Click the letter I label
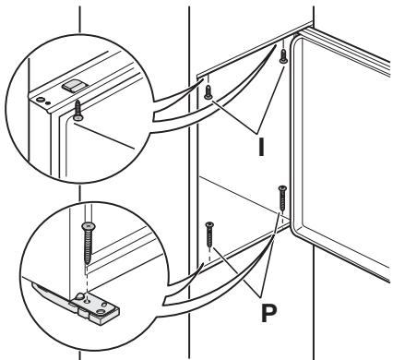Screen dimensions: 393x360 click(261, 147)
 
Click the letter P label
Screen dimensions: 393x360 click(268, 313)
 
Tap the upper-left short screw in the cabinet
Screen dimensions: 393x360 click(208, 92)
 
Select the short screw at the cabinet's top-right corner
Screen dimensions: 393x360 click(283, 56)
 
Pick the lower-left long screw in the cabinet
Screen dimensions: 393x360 click(209, 234)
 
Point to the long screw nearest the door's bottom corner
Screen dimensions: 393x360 click(282, 198)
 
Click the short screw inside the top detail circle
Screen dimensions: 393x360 click(78, 110)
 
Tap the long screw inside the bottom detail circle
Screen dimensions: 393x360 click(89, 243)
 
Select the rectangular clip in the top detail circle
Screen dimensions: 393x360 click(72, 85)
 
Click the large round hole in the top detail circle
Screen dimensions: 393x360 click(40, 100)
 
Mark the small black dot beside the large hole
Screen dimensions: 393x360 click(47, 103)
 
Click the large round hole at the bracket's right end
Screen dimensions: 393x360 click(101, 312)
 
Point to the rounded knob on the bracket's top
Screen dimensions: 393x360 click(79, 296)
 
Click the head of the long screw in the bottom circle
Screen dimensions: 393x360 click(89, 226)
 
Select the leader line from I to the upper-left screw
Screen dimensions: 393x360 click(234, 117)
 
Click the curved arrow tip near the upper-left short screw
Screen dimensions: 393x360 click(203, 79)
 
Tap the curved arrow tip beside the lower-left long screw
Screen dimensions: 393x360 click(203, 265)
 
